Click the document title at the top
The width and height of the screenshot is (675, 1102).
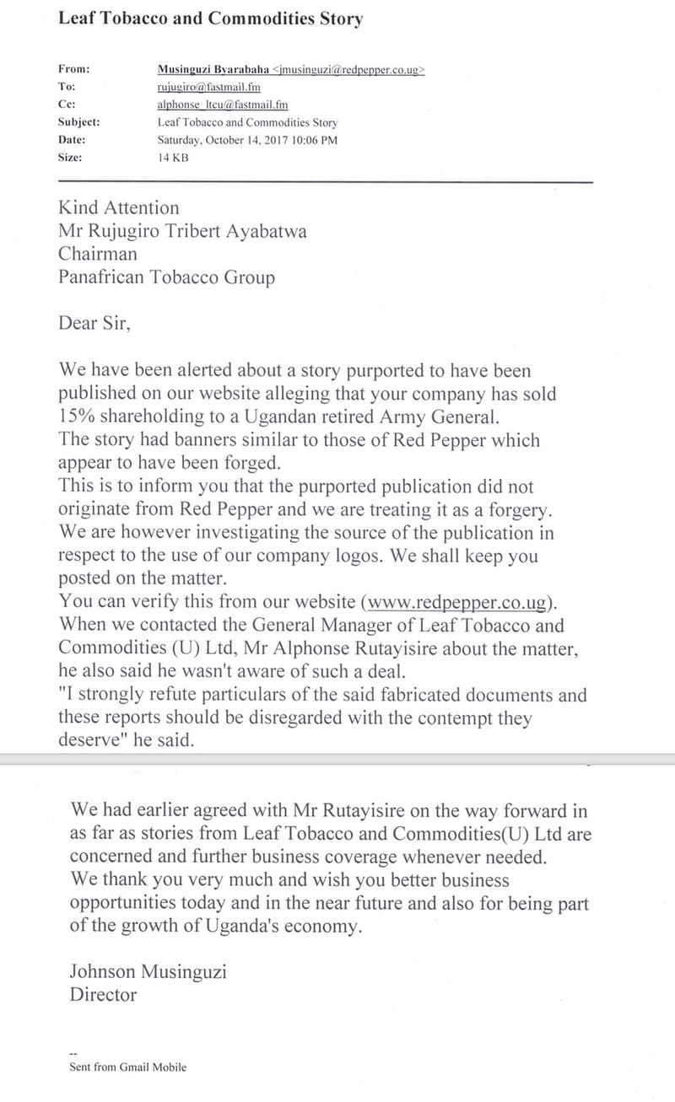point(211,19)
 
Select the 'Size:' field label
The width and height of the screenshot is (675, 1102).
point(71,157)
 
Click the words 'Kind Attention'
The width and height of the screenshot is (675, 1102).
point(119,207)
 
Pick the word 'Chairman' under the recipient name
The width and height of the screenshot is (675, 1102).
point(97,254)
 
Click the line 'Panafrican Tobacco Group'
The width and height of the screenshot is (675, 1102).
point(166,277)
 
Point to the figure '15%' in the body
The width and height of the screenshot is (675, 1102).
point(78,417)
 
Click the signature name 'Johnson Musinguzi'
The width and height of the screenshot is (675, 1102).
point(149,972)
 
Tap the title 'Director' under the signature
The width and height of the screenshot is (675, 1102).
point(104,995)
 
